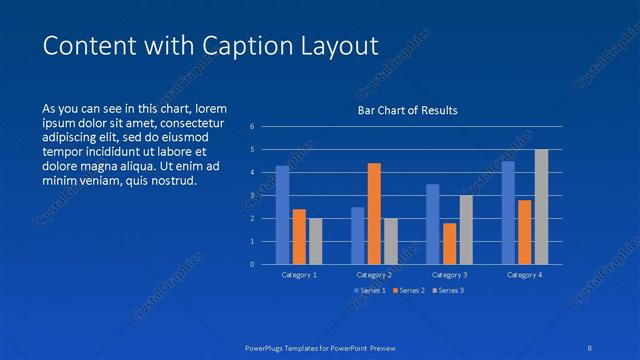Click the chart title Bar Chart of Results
[408, 110]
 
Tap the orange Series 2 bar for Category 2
[374, 213]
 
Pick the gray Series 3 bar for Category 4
[541, 207]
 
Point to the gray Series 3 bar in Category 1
[315, 241]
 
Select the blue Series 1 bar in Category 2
[358, 235]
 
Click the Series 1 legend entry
[370, 290]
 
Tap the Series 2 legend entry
[409, 290]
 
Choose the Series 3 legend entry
[447, 290]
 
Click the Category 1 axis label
[299, 274]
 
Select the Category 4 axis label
[524, 274]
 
